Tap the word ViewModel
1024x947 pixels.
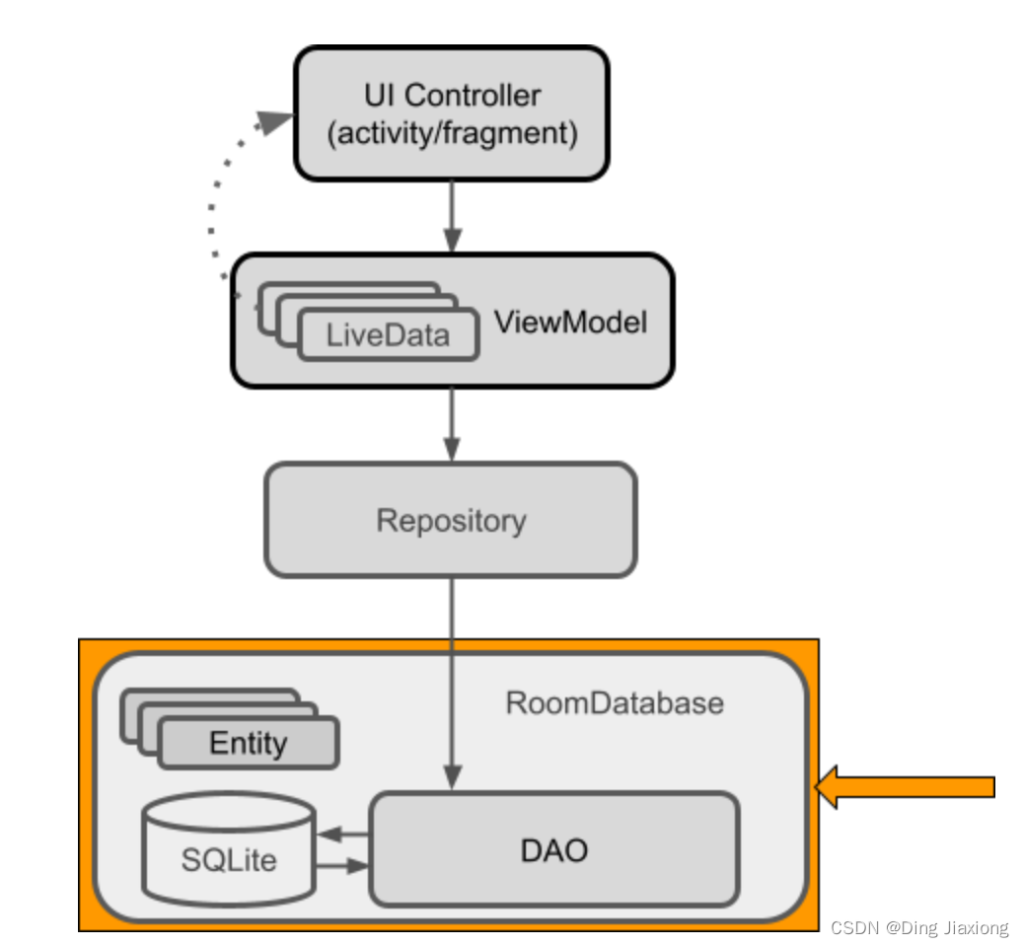[570, 323]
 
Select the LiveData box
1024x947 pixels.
[388, 335]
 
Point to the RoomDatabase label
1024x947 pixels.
[615, 703]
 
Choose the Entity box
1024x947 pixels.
[248, 743]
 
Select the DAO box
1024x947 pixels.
[553, 849]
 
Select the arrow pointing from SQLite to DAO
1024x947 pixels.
[341, 868]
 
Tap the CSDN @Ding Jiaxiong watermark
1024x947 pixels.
[919, 928]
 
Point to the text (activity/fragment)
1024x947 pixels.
[452, 133]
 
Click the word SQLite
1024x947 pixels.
[229, 860]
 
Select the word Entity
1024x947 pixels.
[248, 743]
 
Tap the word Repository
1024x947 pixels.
[451, 521]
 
